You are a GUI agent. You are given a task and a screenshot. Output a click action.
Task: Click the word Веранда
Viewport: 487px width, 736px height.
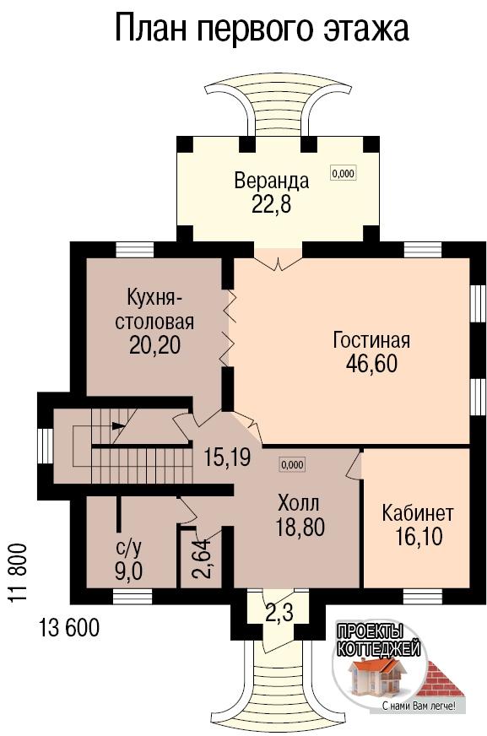pos(272,181)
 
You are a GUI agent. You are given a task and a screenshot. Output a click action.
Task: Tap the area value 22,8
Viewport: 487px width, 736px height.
pos(272,203)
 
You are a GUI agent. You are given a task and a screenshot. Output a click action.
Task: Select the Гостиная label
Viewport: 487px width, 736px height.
pos(371,340)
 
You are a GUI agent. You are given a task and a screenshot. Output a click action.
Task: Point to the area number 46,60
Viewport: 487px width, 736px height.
pos(371,363)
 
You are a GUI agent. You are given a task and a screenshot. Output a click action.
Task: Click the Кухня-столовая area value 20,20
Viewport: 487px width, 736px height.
pos(154,345)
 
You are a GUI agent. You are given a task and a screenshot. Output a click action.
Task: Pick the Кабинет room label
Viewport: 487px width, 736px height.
pos(418,513)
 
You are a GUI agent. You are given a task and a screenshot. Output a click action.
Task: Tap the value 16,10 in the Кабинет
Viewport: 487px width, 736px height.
pos(418,537)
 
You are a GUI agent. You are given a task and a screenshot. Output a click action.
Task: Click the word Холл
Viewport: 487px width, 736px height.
pos(299,503)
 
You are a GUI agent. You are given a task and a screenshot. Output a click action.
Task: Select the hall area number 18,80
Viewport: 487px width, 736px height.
pos(300,528)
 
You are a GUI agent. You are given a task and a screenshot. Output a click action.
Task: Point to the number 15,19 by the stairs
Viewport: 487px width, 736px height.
pos(227,457)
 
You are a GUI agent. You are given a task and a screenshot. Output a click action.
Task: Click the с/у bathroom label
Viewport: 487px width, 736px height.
pos(128,548)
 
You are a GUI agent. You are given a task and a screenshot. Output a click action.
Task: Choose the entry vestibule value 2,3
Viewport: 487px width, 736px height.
pos(279,613)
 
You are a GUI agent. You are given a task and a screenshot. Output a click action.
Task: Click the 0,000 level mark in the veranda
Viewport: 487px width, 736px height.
pos(343,173)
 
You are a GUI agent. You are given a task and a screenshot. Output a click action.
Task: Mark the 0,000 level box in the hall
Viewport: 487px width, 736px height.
pos(292,465)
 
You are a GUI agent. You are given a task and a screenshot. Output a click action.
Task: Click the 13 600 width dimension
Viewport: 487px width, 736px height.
pos(69,628)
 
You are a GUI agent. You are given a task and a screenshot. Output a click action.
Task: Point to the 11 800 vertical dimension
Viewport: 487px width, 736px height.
pos(16,573)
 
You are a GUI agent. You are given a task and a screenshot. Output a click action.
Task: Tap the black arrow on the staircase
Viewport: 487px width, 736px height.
pos(118,426)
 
